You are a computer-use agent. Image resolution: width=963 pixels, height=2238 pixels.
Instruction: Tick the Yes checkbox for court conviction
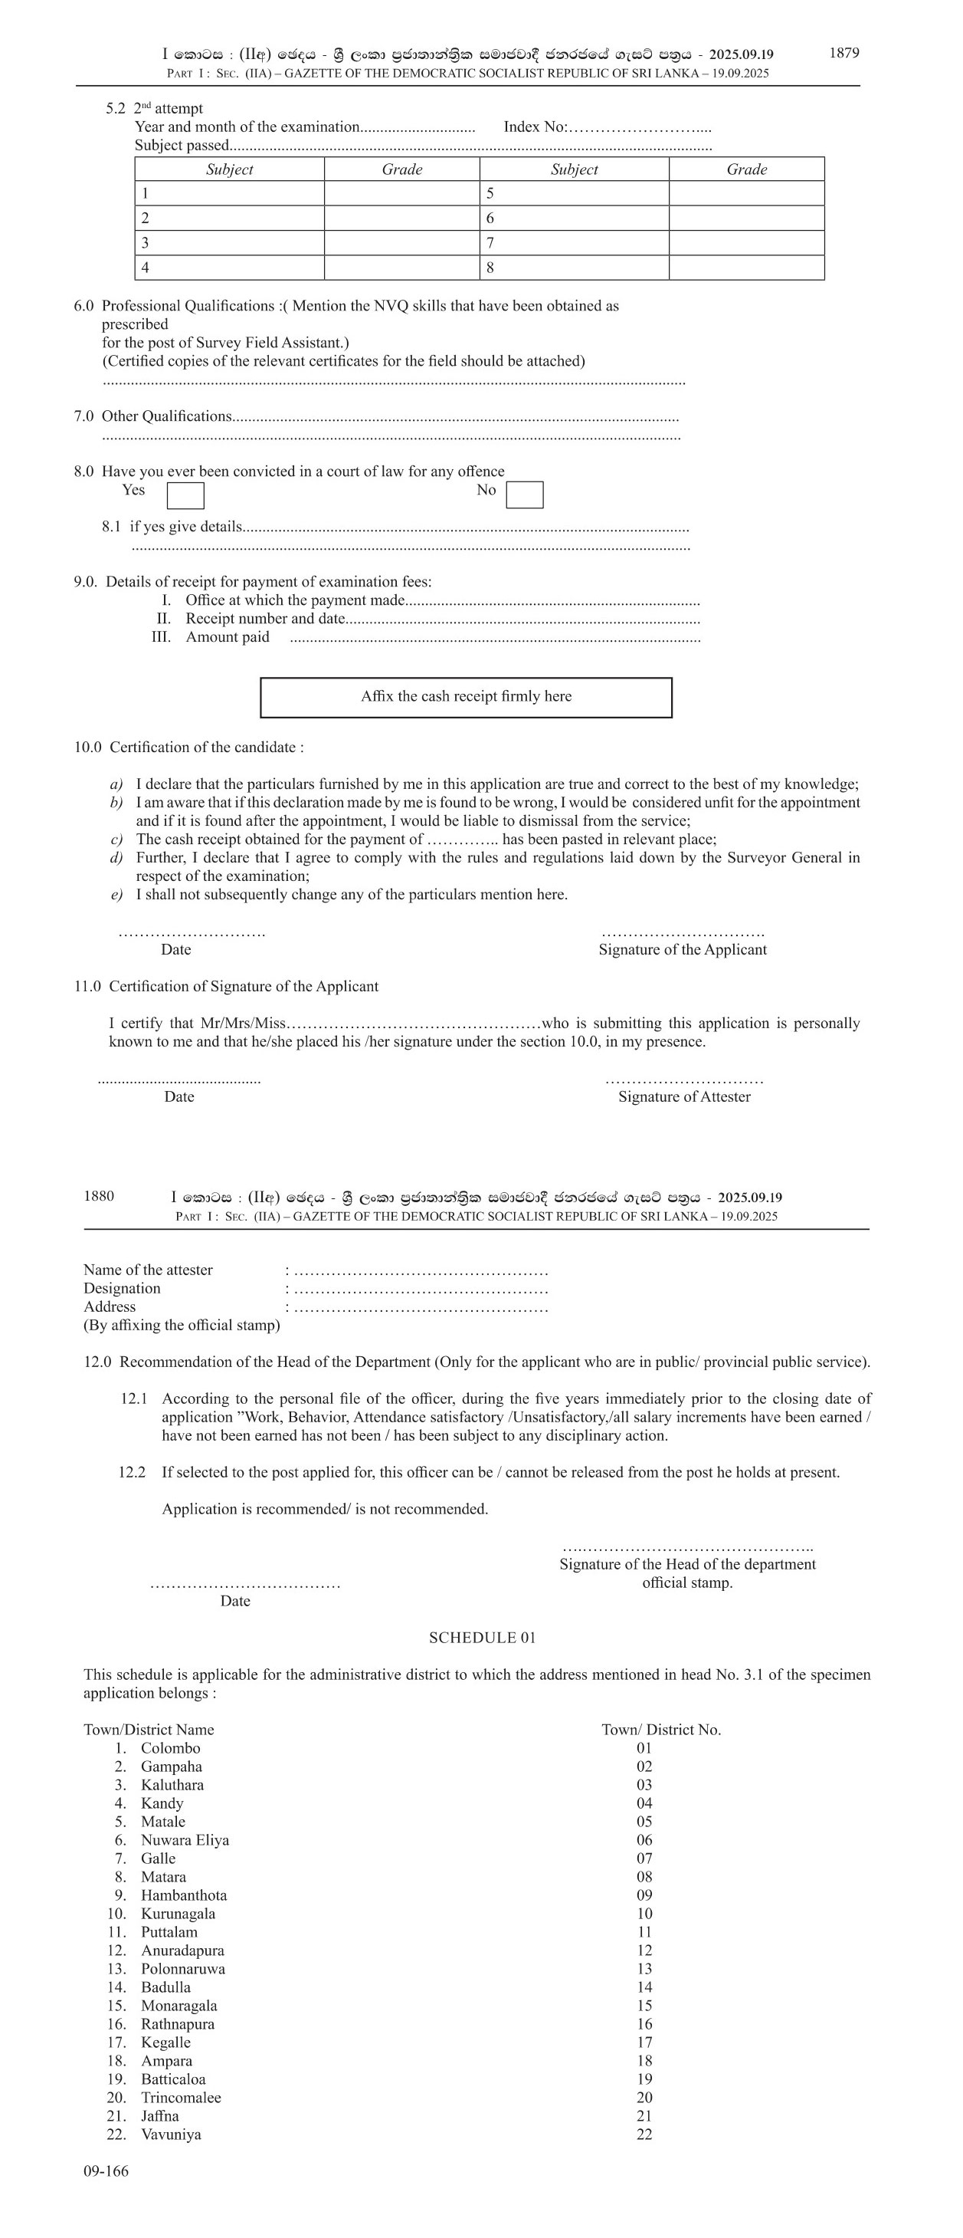pyautogui.click(x=185, y=495)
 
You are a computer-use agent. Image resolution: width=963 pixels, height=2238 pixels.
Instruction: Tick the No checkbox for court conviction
pyautogui.click(x=525, y=495)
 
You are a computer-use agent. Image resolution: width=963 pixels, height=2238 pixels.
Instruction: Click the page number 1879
pyautogui.click(x=843, y=53)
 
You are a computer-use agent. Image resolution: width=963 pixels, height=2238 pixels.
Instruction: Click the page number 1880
pyautogui.click(x=98, y=1195)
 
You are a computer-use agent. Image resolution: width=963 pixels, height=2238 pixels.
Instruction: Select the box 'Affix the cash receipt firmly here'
pyautogui.click(x=467, y=697)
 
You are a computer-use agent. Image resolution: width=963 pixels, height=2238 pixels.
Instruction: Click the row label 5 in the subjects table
pyautogui.click(x=490, y=194)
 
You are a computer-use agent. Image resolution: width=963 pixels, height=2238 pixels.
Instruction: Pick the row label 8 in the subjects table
pyautogui.click(x=490, y=268)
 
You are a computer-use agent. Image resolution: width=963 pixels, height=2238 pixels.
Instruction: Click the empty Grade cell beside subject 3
pyautogui.click(x=401, y=243)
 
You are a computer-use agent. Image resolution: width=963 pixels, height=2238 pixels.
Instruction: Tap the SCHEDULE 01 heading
pyautogui.click(x=482, y=1638)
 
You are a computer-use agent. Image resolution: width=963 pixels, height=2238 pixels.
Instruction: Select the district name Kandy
pyautogui.click(x=162, y=1803)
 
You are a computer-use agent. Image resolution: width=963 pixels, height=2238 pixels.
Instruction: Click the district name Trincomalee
pyautogui.click(x=181, y=2097)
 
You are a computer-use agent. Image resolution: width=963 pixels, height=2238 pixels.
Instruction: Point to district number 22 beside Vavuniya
pyautogui.click(x=644, y=2134)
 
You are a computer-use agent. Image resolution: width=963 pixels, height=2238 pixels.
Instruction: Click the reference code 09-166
pyautogui.click(x=106, y=2171)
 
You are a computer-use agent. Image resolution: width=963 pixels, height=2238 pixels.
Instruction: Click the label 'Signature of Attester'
pyautogui.click(x=684, y=1096)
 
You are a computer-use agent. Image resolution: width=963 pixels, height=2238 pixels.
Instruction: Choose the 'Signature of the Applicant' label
pyautogui.click(x=683, y=950)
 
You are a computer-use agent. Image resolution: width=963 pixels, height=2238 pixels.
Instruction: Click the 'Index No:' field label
pyautogui.click(x=535, y=127)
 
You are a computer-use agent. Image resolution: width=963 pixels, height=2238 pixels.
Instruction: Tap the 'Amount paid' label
pyautogui.click(x=228, y=637)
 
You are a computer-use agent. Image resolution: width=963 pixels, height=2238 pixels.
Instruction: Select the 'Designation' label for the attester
pyautogui.click(x=122, y=1287)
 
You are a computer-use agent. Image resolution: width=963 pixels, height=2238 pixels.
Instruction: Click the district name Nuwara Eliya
pyautogui.click(x=185, y=1839)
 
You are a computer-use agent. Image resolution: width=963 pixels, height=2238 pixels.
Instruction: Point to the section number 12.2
pyautogui.click(x=132, y=1472)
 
